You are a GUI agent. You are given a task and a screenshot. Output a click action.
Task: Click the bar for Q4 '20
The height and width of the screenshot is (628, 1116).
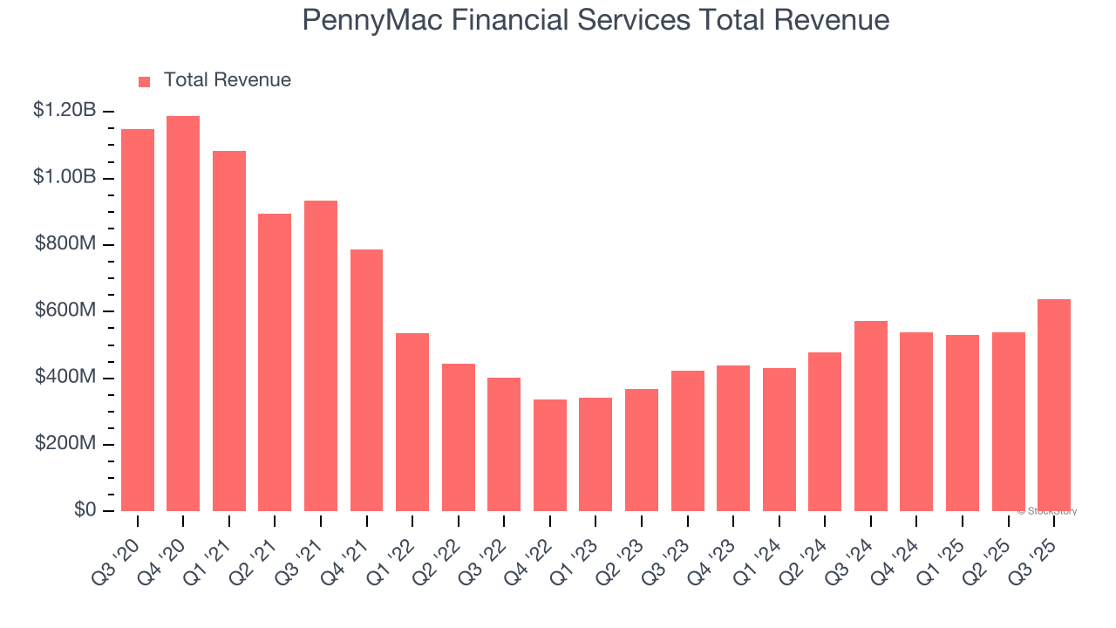click(183, 313)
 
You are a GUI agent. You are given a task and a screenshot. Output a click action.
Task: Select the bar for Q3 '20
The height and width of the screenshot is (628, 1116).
click(138, 320)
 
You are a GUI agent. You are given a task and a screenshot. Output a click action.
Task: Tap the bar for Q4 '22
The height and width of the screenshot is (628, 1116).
click(550, 455)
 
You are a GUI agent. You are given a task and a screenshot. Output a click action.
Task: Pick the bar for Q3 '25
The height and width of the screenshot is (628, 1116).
click(1054, 405)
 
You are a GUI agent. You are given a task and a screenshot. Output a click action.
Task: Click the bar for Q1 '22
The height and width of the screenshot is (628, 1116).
click(412, 422)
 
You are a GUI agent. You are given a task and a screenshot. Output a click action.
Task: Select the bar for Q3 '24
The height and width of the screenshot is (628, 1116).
click(871, 416)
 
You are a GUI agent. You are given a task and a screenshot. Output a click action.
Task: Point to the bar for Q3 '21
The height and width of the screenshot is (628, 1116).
click(321, 356)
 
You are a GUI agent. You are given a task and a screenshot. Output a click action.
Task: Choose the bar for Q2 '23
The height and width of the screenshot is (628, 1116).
click(642, 450)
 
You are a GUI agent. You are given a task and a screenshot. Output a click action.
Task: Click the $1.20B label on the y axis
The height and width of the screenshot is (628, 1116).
click(65, 111)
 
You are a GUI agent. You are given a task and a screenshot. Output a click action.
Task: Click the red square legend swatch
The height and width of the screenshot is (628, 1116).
click(145, 81)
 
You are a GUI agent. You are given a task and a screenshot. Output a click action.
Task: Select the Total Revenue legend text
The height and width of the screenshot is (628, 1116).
click(227, 80)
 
